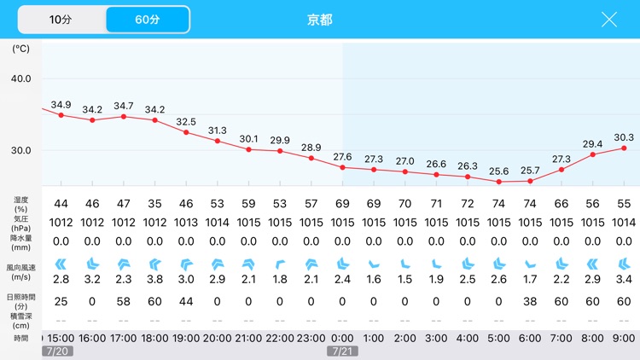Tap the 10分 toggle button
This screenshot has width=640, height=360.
[x=61, y=19]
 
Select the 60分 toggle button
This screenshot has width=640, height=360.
[x=147, y=19]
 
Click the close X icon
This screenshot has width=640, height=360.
[x=609, y=20]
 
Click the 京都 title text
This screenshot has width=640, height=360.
[x=319, y=20]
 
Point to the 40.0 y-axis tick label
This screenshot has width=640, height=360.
[x=20, y=78]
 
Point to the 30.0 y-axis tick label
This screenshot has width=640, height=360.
[x=20, y=150]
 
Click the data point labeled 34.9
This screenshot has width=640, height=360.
[x=61, y=114]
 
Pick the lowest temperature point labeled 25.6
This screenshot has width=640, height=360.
[x=499, y=182]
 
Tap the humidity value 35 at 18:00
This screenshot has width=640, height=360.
[x=154, y=204]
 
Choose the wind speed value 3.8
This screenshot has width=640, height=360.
[x=154, y=280]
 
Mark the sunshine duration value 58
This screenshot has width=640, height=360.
[x=124, y=301]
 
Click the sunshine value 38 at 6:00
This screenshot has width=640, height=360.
[x=530, y=301]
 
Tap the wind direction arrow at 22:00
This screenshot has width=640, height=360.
[x=280, y=263]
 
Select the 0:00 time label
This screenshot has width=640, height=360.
[x=342, y=337]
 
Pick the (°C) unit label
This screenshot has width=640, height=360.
[x=20, y=49]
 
